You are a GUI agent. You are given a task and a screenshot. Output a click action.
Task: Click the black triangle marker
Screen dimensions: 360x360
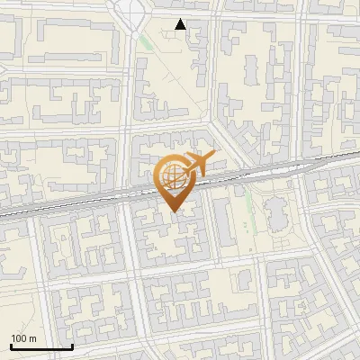point(181,25)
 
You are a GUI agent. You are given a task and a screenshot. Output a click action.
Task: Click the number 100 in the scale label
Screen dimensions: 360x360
point(20,338)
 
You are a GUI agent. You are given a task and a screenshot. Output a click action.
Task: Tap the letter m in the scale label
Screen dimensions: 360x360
point(33,338)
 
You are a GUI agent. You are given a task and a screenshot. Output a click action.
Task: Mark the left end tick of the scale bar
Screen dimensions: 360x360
point(11,346)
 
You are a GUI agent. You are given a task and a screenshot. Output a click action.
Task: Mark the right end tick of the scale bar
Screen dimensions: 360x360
point(72,346)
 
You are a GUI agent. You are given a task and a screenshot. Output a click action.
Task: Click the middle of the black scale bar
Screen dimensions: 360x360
point(41,347)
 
